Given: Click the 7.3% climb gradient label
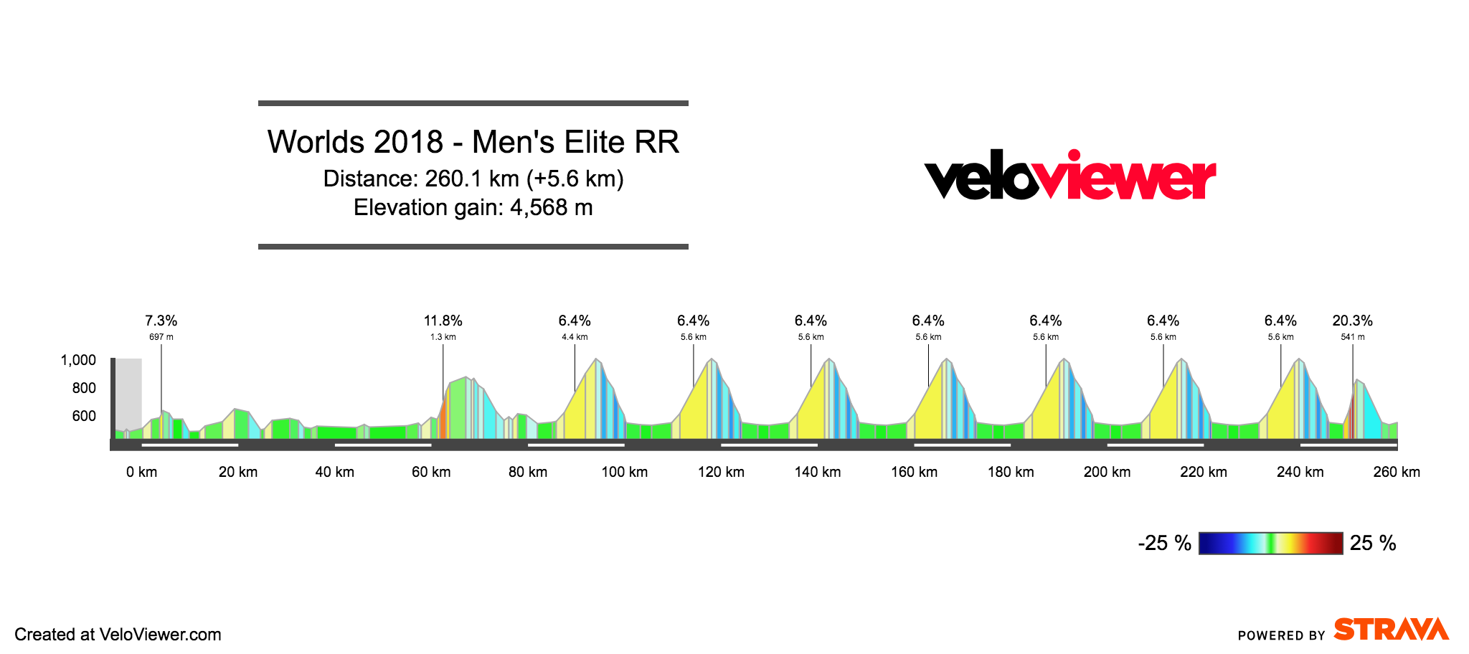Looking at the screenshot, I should tap(161, 321).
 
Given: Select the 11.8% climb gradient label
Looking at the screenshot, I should tap(443, 321).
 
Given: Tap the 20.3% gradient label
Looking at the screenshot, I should tap(1352, 321).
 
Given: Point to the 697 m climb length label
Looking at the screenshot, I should tap(161, 337).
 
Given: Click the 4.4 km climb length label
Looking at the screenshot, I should tap(575, 337).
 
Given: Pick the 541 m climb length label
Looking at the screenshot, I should tap(1352, 337).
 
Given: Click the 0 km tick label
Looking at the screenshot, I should tap(141, 472).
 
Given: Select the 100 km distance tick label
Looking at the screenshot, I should tap(624, 472).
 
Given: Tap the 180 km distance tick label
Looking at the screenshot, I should tap(1011, 472).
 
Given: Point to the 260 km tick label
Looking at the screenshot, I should tap(1396, 472).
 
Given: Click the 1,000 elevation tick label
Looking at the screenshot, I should tap(78, 360).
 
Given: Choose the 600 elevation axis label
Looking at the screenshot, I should tap(84, 416).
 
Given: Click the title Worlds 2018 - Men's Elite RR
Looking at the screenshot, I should tap(473, 142).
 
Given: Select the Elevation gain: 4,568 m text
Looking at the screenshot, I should tap(473, 208).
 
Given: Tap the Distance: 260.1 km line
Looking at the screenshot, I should tap(473, 179).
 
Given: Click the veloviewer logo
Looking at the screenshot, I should tap(1069, 176).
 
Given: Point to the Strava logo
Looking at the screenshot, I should tap(1391, 630).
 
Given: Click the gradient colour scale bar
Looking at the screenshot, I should tap(1270, 544).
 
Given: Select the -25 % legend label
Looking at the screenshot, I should tap(1164, 544).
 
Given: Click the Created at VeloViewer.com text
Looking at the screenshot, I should tap(118, 635).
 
